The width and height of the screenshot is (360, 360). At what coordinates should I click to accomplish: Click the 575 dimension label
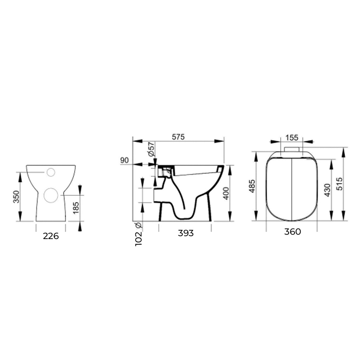(178, 137)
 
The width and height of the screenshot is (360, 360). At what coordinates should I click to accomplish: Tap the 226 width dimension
(51, 236)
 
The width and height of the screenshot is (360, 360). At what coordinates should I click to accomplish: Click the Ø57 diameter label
(151, 149)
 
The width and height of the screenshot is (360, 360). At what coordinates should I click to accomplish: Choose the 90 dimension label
(124, 160)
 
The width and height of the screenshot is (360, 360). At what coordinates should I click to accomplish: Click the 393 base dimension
(186, 233)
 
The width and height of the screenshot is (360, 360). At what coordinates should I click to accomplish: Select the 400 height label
(226, 193)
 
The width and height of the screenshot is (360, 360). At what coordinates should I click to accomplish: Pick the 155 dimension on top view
(292, 137)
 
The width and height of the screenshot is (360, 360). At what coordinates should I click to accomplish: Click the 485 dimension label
(251, 186)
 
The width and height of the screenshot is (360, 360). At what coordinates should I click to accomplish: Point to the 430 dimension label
(327, 190)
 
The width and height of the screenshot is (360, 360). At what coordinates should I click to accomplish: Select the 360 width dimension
(292, 232)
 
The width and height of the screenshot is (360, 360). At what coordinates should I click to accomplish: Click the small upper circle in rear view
(51, 172)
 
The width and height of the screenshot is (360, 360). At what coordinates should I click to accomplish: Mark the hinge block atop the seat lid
(291, 150)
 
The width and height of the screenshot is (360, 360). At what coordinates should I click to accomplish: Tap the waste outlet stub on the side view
(158, 195)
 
